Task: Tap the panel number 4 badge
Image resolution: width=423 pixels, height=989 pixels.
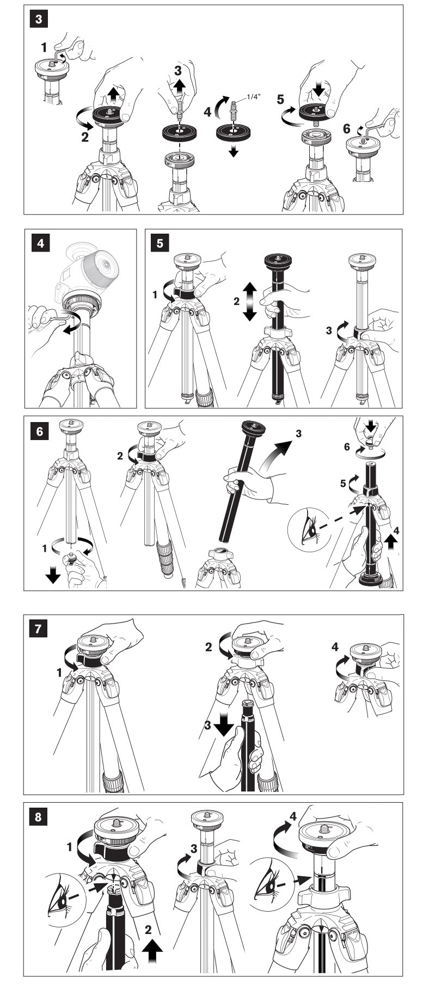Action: coord(40,243)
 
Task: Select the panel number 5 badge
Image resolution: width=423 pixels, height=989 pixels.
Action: coord(160,243)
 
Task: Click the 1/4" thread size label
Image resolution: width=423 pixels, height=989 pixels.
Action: coord(254,96)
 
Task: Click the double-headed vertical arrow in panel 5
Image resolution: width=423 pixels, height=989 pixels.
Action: coord(249,301)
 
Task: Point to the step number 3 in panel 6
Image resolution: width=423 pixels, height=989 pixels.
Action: coord(298,434)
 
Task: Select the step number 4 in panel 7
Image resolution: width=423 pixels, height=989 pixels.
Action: coord(335,647)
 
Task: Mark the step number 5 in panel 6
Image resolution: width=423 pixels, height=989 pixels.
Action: coord(342,484)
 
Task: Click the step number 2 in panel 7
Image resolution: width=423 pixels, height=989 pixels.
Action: coord(208,647)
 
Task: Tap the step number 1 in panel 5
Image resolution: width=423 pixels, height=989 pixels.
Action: coord(155,295)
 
